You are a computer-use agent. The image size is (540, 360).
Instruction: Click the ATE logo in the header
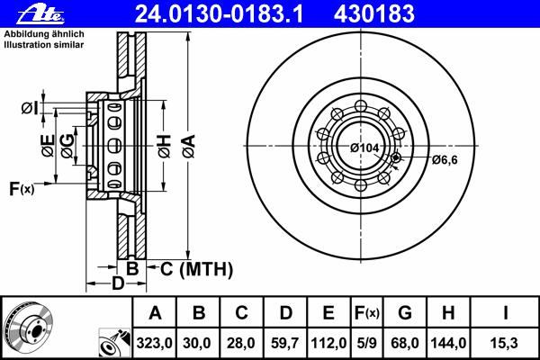click(x=40, y=14)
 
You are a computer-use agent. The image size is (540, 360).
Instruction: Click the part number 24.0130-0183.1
click(x=219, y=14)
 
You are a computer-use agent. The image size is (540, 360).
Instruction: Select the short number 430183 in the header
click(x=374, y=14)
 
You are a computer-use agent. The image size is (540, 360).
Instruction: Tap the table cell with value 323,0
click(x=154, y=343)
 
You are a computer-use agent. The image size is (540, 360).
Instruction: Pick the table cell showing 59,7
click(x=284, y=343)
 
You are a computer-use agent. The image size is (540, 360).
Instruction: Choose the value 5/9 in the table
click(x=367, y=343)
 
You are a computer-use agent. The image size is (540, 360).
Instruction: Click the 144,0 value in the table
click(x=448, y=343)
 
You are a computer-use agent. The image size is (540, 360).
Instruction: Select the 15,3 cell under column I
click(x=504, y=343)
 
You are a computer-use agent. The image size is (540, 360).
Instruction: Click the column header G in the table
click(x=405, y=313)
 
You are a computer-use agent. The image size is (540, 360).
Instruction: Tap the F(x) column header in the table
click(x=367, y=313)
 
